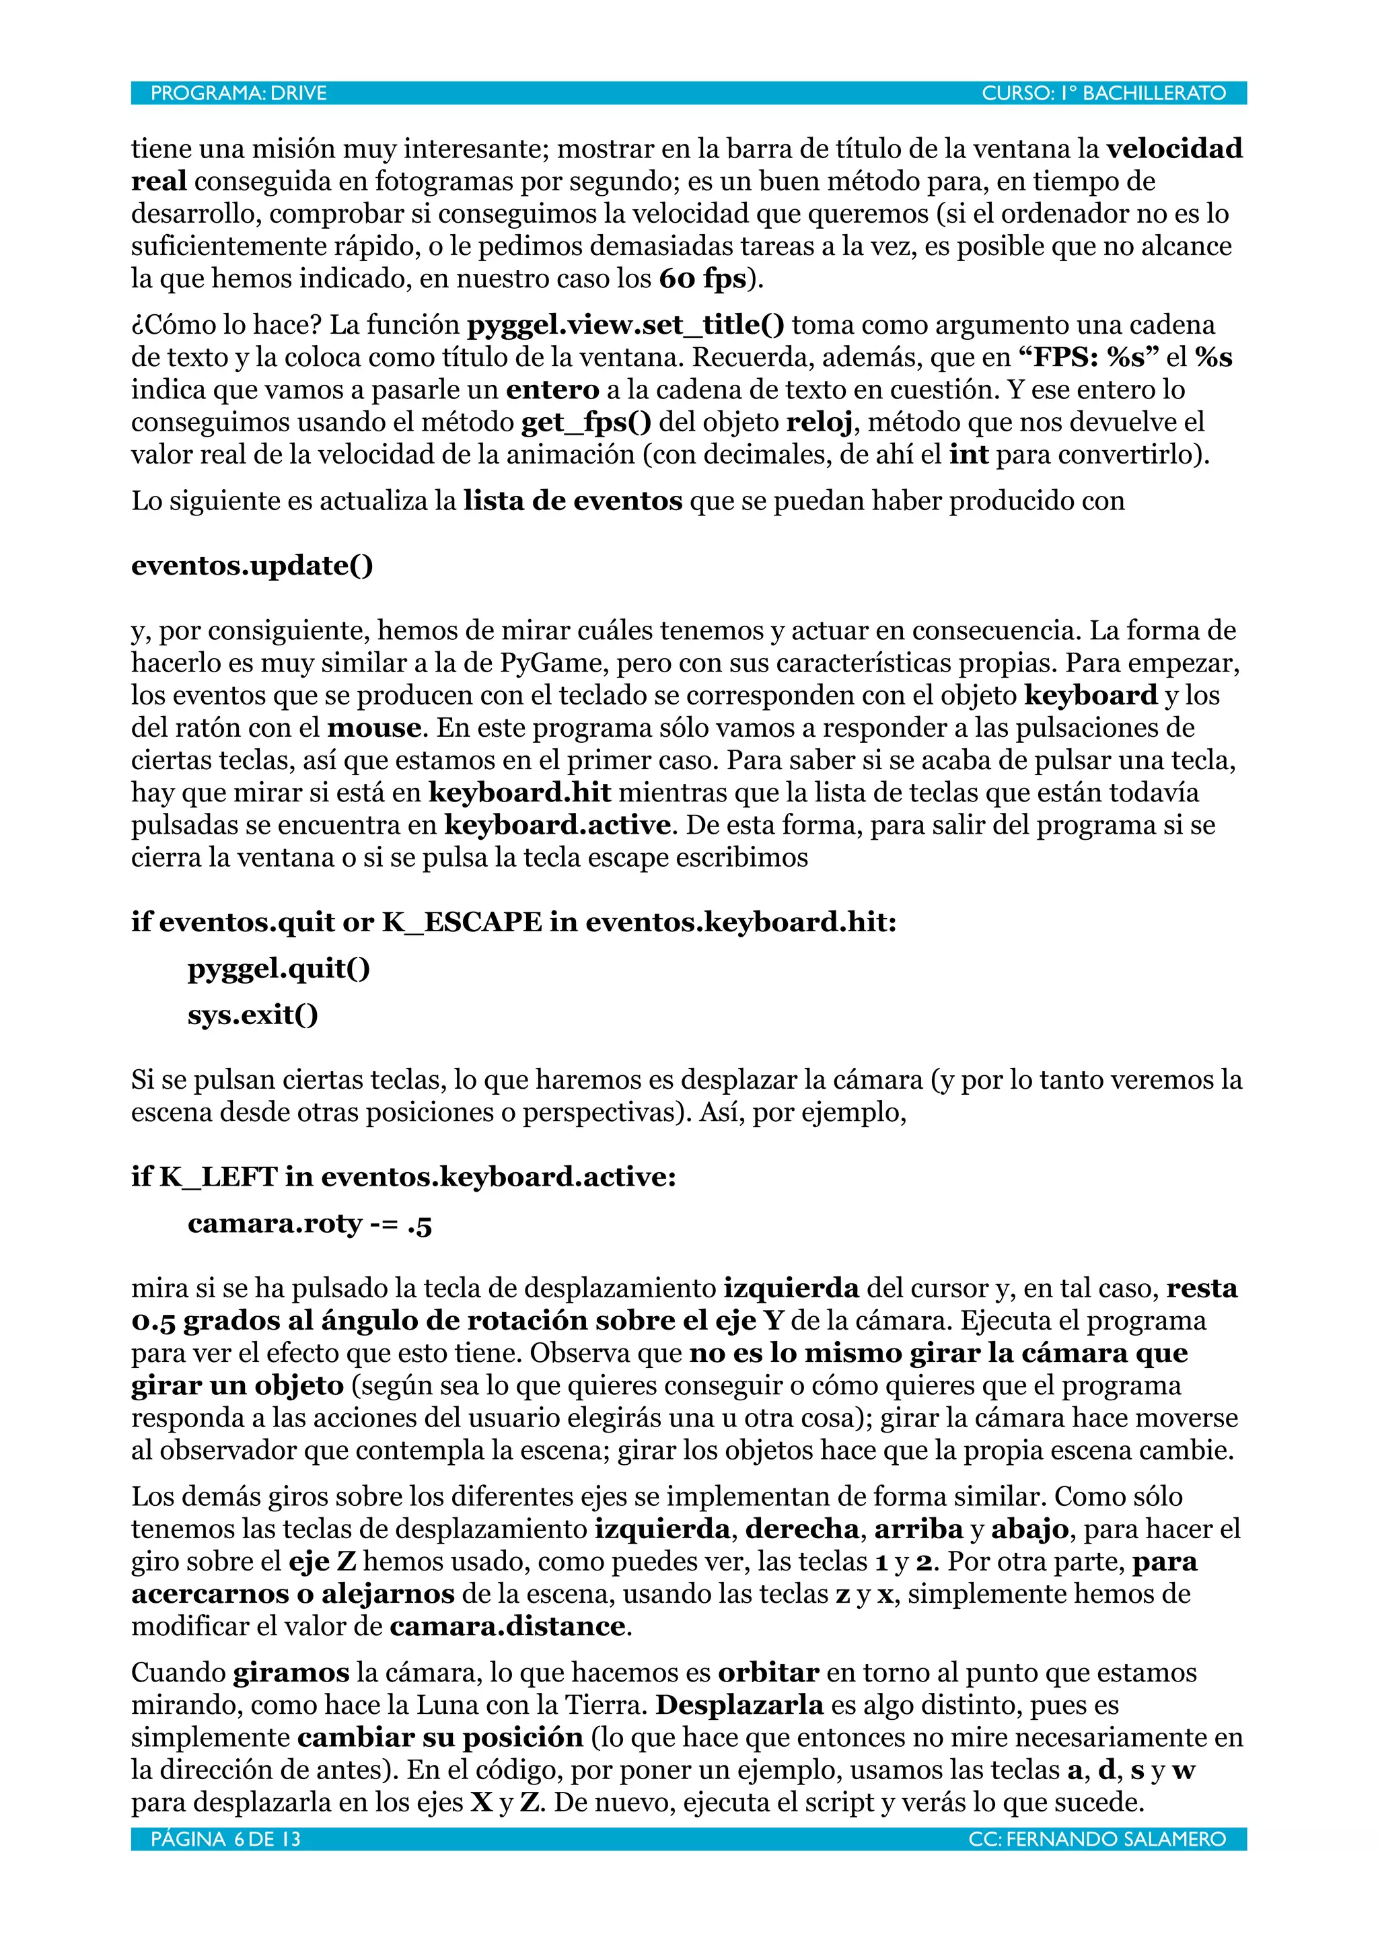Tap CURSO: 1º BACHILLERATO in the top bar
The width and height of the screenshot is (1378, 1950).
(1103, 94)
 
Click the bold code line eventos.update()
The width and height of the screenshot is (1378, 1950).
(252, 566)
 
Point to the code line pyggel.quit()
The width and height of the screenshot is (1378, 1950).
(279, 968)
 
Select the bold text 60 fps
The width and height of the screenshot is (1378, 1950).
(702, 279)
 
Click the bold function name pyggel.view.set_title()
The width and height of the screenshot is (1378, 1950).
(626, 325)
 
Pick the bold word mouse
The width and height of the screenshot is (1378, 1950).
(373, 728)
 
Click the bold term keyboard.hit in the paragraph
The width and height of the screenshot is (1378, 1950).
(519, 793)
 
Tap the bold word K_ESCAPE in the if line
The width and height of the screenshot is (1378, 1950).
(461, 923)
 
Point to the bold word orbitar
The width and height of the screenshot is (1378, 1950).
(768, 1672)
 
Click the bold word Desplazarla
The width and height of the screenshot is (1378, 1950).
(739, 1704)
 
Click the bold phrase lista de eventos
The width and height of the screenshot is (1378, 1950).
(572, 501)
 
